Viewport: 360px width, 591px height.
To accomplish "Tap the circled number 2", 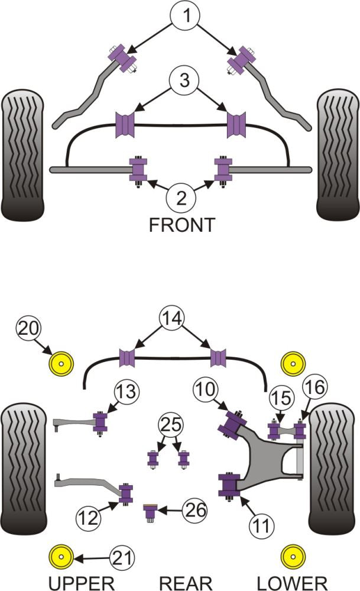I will coord(181,196).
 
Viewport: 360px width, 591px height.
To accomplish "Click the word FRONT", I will coord(181,225).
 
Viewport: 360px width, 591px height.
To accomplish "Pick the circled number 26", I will coord(194,509).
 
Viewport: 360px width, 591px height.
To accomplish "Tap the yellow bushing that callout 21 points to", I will coord(60,557).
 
